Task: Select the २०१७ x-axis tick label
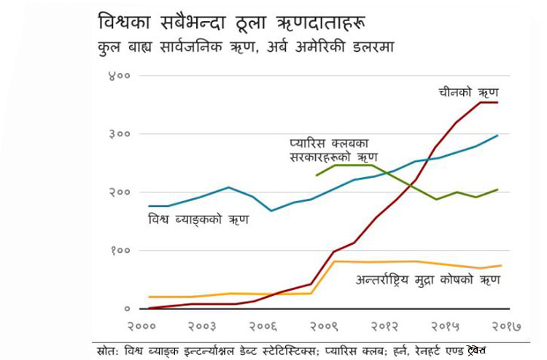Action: pos(502,326)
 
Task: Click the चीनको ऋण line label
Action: pos(467,93)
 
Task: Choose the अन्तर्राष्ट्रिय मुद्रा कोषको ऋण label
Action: pos(422,279)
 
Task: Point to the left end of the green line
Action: pos(316,176)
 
